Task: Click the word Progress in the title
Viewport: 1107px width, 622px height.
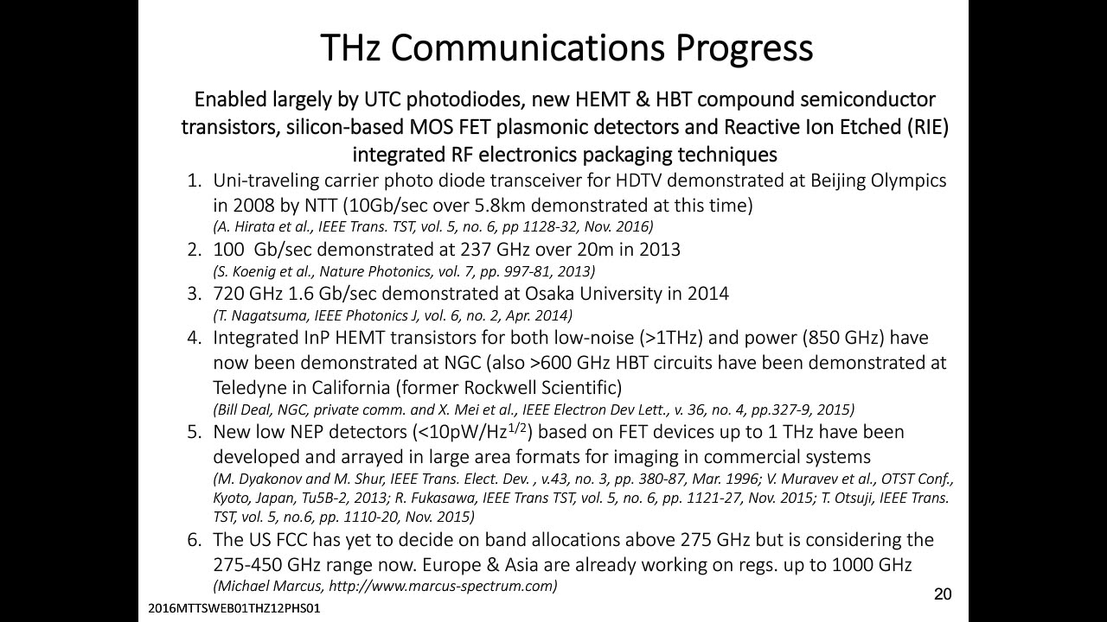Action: pos(744,48)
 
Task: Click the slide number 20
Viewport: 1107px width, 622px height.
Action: pos(943,593)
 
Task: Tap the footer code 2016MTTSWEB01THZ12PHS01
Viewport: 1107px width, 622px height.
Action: pos(234,608)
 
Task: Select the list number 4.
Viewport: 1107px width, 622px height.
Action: pos(195,338)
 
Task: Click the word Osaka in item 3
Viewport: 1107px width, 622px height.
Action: pos(549,294)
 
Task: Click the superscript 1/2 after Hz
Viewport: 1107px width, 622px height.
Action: pos(517,427)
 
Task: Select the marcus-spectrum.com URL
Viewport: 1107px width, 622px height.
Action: pos(442,586)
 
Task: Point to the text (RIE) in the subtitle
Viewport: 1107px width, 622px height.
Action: pos(928,127)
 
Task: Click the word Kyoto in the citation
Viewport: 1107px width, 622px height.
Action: pos(231,498)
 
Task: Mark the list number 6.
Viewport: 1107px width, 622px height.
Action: pos(195,540)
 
